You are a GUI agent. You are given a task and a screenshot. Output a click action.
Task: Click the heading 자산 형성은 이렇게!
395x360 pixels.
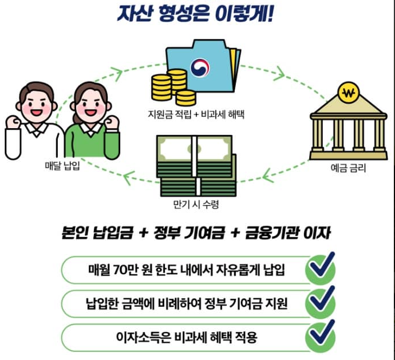[198, 13]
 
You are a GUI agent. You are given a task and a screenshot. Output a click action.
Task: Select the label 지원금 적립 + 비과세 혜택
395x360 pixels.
[195, 114]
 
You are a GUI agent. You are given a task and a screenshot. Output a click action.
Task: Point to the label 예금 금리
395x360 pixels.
[347, 168]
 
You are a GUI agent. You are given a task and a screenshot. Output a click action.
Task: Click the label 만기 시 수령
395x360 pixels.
[196, 204]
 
